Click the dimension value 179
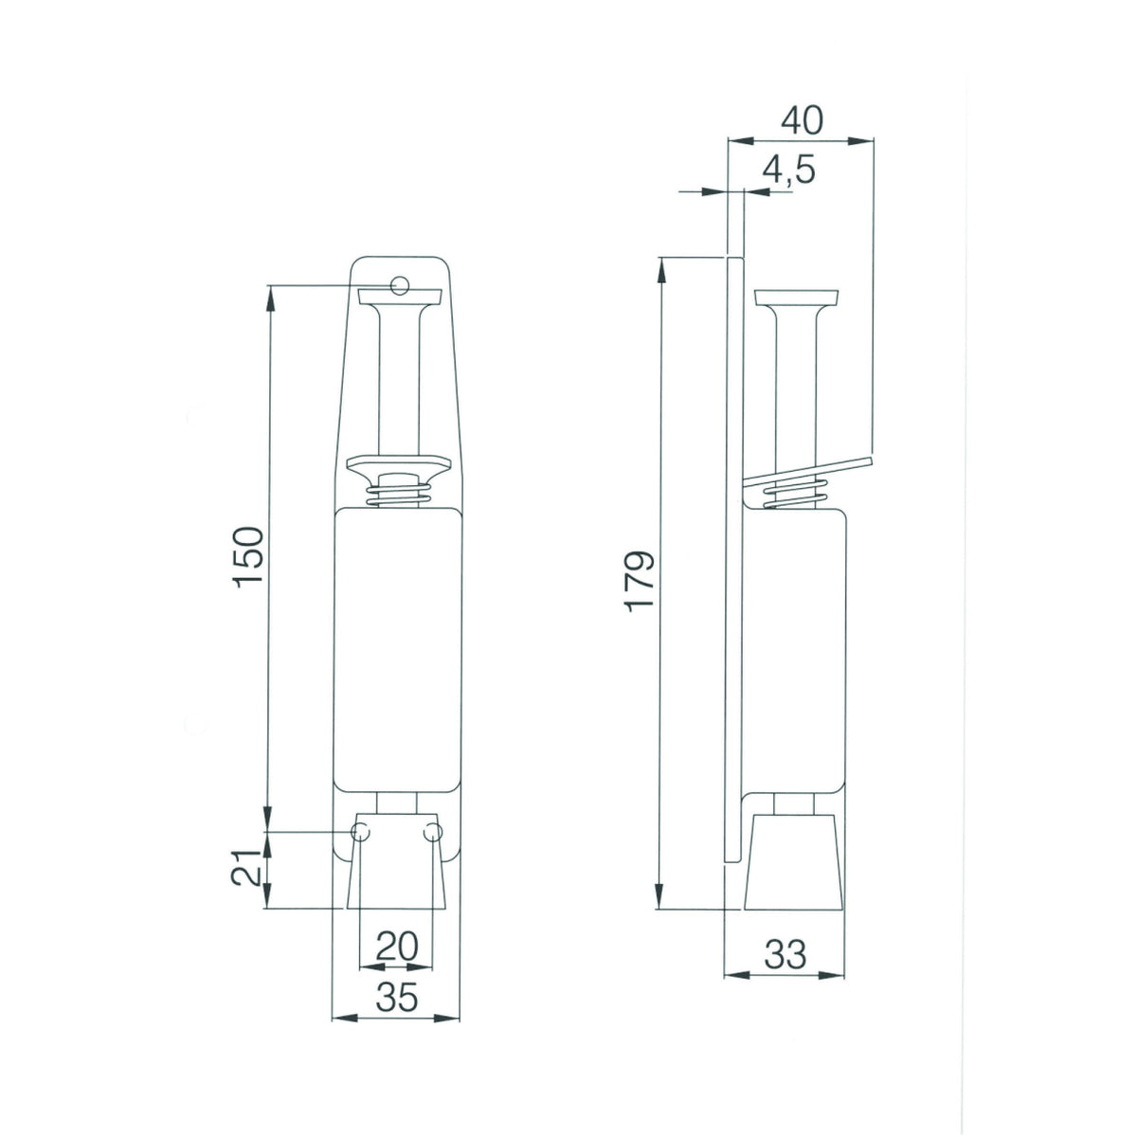[639, 581]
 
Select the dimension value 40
[802, 121]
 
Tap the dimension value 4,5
[788, 171]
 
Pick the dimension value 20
[396, 963]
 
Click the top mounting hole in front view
[400, 285]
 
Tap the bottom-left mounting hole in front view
[360, 832]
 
